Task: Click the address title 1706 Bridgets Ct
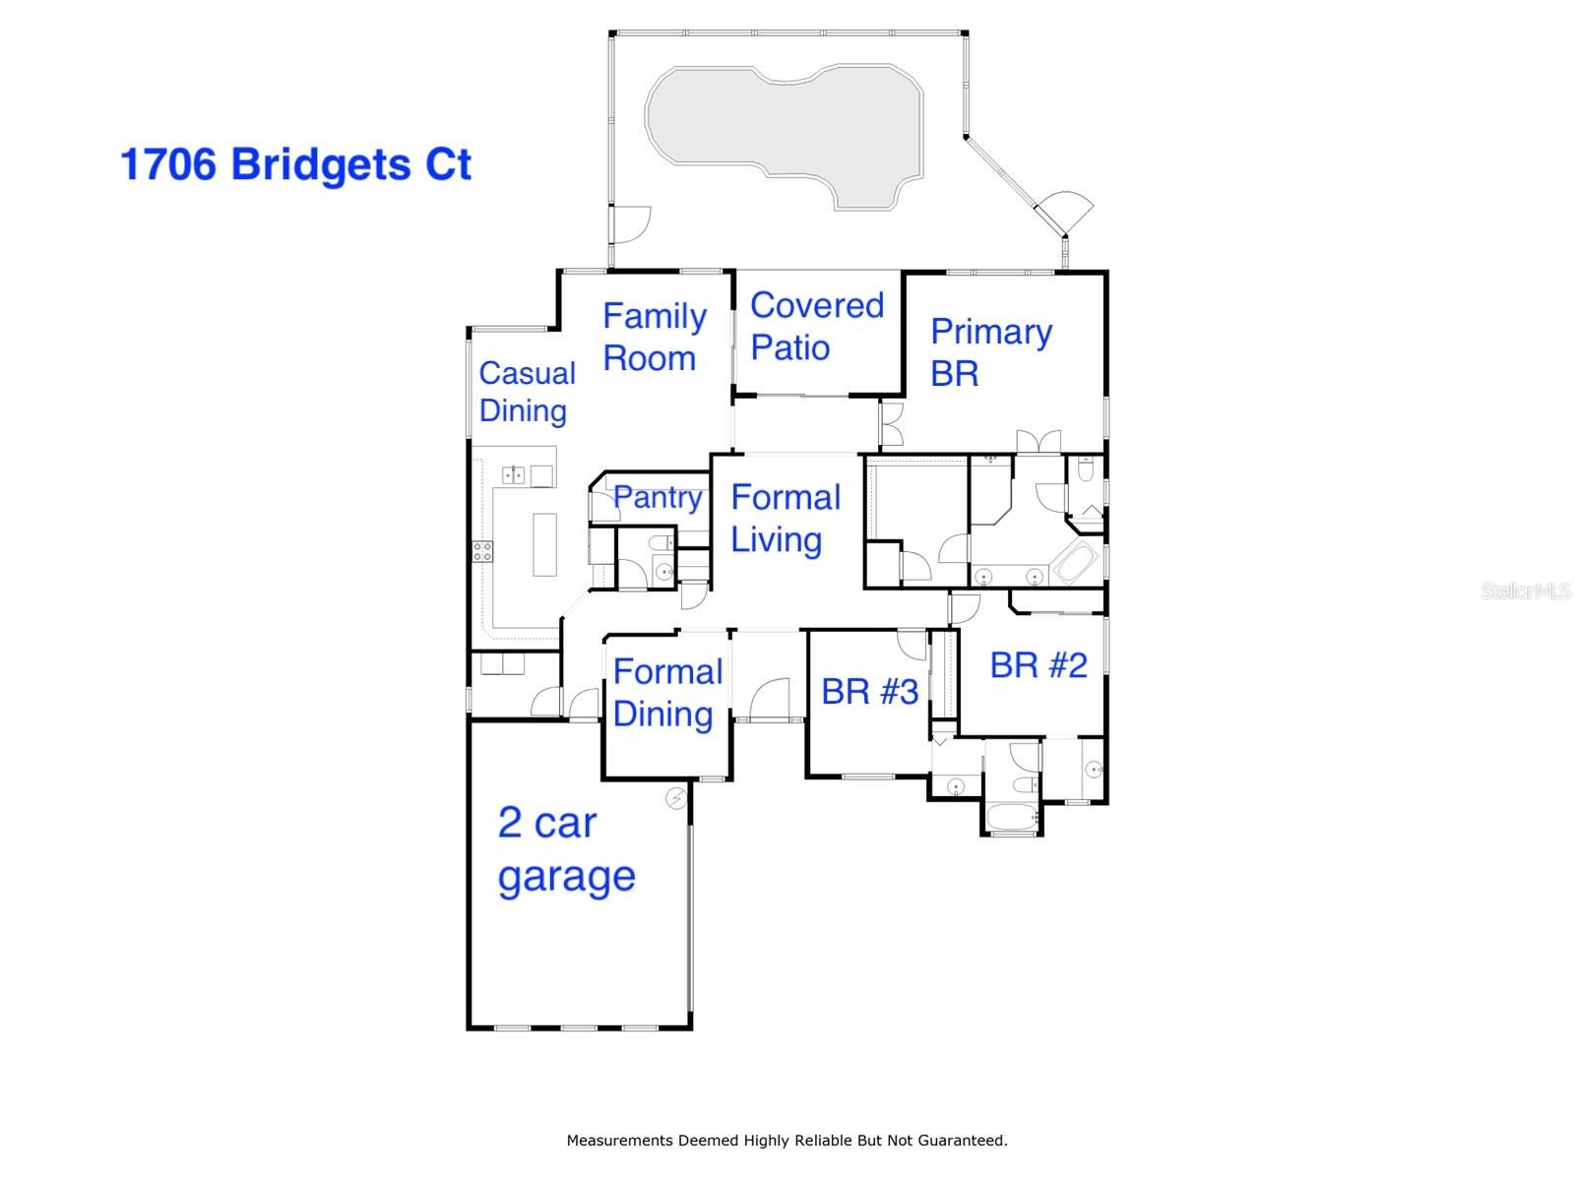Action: pyautogui.click(x=295, y=164)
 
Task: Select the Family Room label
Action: pyautogui.click(x=654, y=337)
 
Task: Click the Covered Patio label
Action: pyautogui.click(x=816, y=326)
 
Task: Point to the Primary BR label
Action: pyautogui.click(x=989, y=351)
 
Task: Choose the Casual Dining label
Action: pyautogui.click(x=527, y=391)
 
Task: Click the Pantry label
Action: pyautogui.click(x=658, y=497)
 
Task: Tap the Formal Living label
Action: pyautogui.click(x=785, y=518)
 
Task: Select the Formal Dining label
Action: pyautogui.click(x=667, y=693)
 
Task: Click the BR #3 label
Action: pyautogui.click(x=869, y=691)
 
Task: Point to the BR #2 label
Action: pyautogui.click(x=1038, y=665)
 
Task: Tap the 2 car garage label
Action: pyautogui.click(x=566, y=848)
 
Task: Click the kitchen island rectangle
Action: pyautogui.click(x=544, y=544)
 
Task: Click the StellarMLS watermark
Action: pyautogui.click(x=1525, y=590)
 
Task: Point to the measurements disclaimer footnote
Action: pyautogui.click(x=787, y=1141)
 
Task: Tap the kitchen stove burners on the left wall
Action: pyautogui.click(x=482, y=551)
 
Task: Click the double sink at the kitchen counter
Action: pyautogui.click(x=514, y=475)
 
